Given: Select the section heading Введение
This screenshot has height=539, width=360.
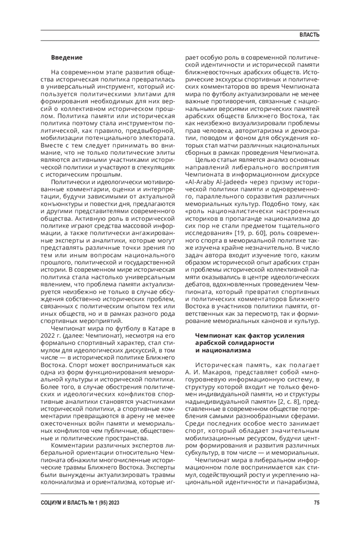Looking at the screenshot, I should coord(67,57).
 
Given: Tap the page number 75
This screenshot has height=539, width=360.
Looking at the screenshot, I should coord(316,503).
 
